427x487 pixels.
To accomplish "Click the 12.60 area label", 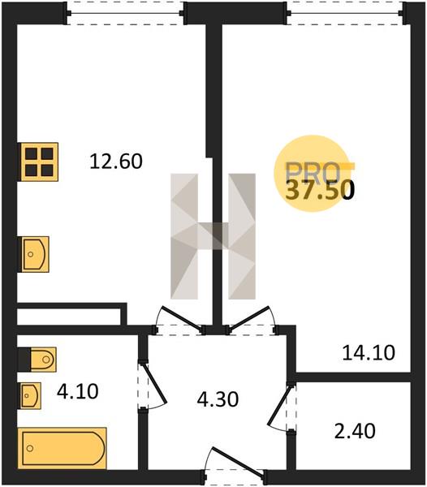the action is coord(116,162).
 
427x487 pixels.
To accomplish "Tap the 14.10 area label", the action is coord(369,353).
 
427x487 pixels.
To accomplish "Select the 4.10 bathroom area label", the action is coord(78,391).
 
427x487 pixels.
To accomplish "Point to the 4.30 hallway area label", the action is coord(218,399).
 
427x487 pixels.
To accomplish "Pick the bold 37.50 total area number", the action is coord(320,191).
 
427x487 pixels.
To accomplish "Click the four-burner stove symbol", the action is coord(39,162).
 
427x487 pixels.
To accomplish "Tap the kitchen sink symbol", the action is coord(35,254).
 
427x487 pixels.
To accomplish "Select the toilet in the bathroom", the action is coord(43,360).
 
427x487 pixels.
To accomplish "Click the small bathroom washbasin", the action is coord(30,396).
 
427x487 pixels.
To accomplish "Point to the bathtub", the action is coord(63,448).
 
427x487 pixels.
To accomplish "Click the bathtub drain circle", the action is coord(30,449).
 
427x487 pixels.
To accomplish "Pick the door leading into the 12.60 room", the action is coord(183,317).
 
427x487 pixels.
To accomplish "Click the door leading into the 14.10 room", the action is coord(248,317).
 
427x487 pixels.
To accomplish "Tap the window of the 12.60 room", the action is coord(125,13).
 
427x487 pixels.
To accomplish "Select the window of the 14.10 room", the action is coord(345,13).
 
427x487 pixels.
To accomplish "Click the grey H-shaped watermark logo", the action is coord(213,236).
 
